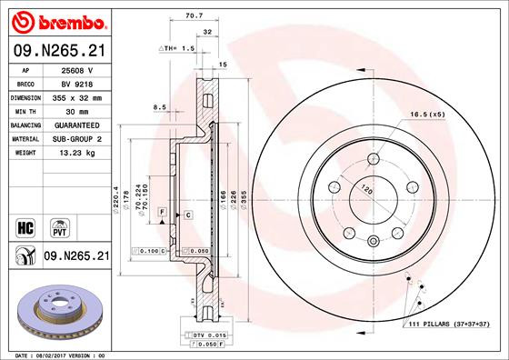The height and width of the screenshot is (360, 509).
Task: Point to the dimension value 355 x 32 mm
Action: point(78,95)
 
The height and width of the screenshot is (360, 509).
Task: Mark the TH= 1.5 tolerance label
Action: point(178,46)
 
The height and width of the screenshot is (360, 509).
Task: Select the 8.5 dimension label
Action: point(159,107)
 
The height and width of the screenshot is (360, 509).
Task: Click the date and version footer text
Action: point(55,355)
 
